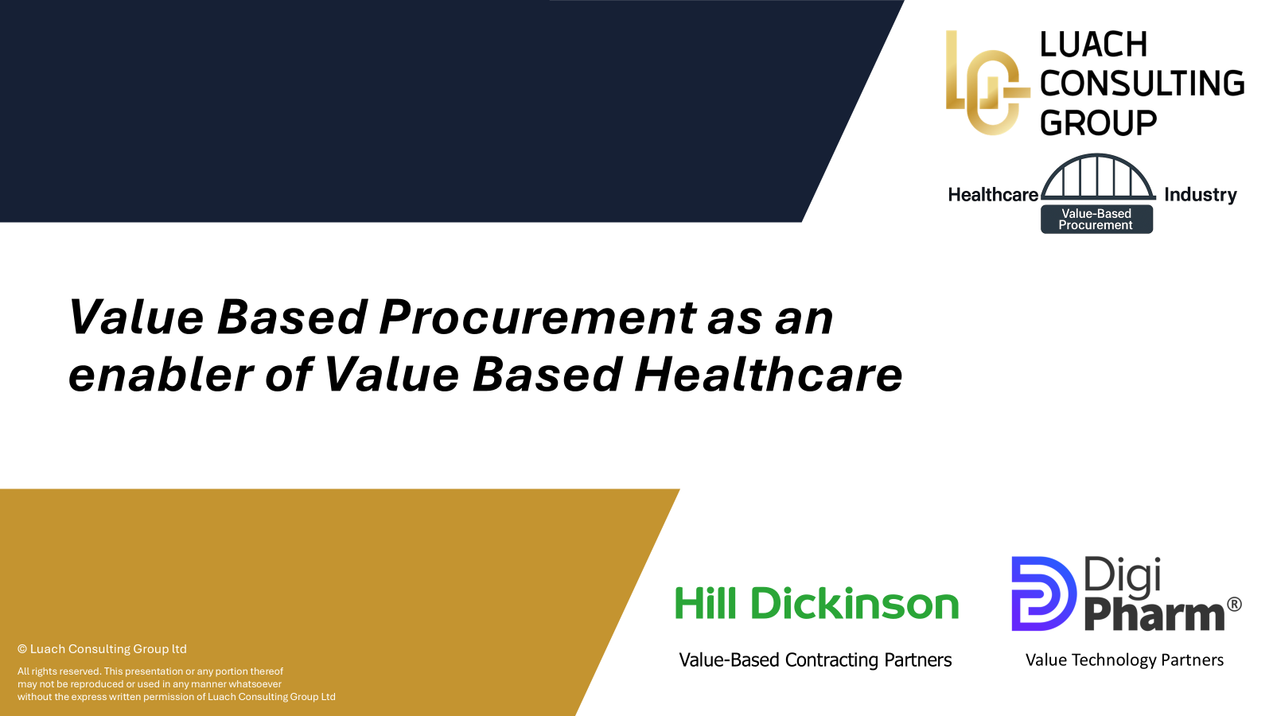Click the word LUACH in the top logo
tap(1093, 45)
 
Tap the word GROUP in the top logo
tap(1099, 123)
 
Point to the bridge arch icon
tap(1098, 156)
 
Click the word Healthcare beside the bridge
tap(993, 195)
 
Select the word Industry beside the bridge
tap(1201, 195)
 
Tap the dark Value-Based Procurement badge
tap(1096, 220)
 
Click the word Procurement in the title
tap(537, 317)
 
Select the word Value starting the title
tap(135, 317)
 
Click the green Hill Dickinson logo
tap(816, 603)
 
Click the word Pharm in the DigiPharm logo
tap(1154, 615)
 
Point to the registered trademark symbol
tap(1234, 605)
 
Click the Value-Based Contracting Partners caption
tap(816, 660)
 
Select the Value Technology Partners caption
tap(1124, 660)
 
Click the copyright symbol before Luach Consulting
tap(22, 649)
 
